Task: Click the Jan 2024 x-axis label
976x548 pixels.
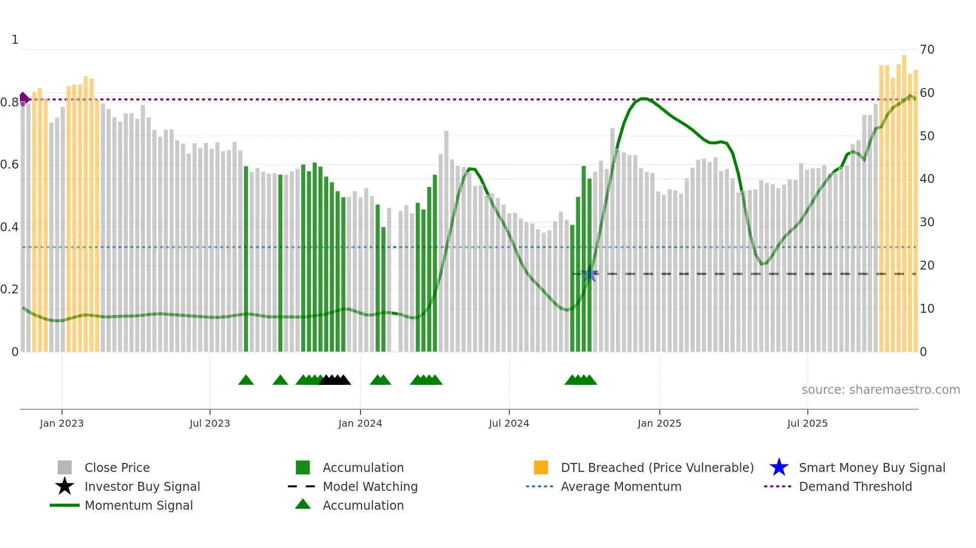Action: click(360, 423)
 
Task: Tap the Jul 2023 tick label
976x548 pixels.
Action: click(210, 423)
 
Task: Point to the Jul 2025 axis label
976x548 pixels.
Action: click(807, 423)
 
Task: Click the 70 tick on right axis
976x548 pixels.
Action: click(927, 50)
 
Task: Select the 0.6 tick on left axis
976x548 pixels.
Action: click(9, 165)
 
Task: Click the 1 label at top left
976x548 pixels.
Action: click(15, 40)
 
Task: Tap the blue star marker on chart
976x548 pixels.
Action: click(590, 274)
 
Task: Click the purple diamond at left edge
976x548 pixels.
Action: click(24, 99)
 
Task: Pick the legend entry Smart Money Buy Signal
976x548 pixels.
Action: click(871, 467)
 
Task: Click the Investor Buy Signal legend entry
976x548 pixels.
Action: click(142, 486)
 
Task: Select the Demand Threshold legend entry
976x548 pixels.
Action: click(855, 486)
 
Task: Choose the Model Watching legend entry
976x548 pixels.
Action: click(369, 486)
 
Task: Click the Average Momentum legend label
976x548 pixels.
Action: click(620, 486)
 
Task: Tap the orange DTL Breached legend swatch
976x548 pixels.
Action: click(541, 467)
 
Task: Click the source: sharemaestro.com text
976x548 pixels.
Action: click(880, 389)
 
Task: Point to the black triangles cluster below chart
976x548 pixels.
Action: click(335, 380)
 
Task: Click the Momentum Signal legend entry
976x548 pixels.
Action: click(138, 505)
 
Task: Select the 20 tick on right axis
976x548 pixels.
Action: click(927, 266)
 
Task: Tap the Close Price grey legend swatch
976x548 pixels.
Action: click(65, 467)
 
